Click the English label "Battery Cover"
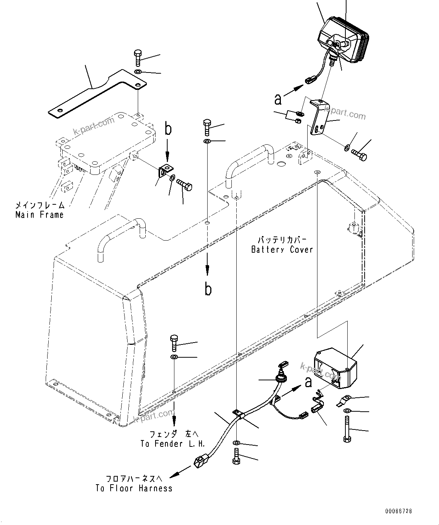tap(282, 250)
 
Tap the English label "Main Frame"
tap(40, 215)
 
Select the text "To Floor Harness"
tap(134, 488)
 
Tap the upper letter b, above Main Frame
tap(168, 129)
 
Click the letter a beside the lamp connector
tap(278, 99)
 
